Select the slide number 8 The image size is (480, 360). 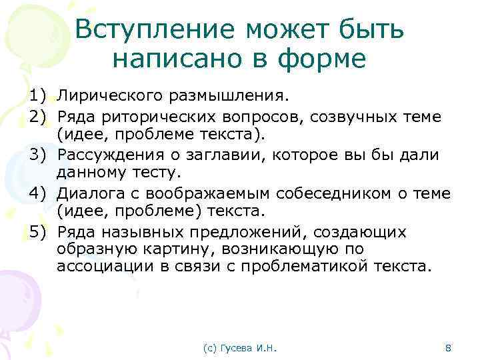point(447,347)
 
